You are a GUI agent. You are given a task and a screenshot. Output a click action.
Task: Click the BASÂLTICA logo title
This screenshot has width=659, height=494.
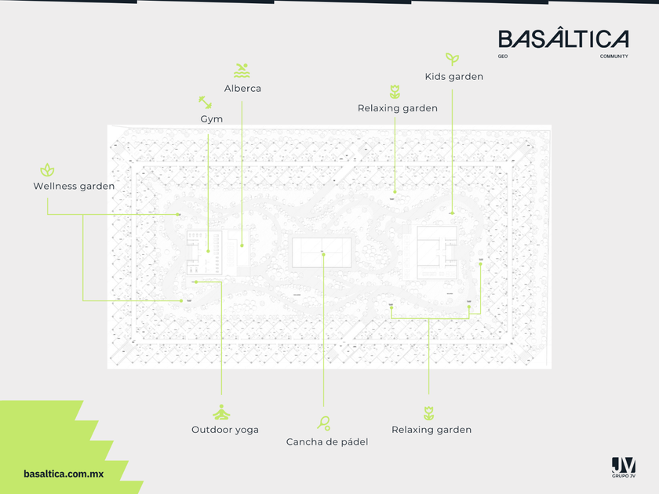pos(563,39)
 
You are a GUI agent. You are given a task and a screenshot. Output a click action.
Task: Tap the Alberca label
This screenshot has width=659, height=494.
pos(242,89)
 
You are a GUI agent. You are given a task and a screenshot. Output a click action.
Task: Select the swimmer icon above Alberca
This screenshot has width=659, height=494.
pos(242,70)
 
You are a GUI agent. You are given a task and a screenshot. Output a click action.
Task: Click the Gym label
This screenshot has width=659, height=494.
pos(212,119)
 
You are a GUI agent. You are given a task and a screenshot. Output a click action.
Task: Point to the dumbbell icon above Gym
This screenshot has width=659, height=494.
pos(205,103)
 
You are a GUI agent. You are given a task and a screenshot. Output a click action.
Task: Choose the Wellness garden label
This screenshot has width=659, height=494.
pos(74,187)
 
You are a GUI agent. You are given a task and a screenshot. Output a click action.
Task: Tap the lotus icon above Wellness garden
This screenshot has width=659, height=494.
pos(48,169)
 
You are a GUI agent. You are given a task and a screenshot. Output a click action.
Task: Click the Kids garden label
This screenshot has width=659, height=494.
pos(453,77)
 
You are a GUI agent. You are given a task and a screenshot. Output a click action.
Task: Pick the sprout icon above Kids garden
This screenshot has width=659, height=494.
pos(452,59)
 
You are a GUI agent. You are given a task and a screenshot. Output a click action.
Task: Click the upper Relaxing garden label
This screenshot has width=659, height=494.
pos(397,108)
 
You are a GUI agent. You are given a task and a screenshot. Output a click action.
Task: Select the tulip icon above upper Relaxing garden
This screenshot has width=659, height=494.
pos(395,92)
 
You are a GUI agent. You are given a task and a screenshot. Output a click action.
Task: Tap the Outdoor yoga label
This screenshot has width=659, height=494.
pos(225,430)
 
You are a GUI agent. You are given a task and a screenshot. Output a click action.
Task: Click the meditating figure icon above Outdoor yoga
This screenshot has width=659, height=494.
pos(222,412)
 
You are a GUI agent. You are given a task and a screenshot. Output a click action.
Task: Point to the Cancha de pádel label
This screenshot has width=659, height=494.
pos(327,442)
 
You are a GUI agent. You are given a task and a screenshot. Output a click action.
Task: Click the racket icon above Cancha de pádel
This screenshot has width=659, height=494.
pos(324,423)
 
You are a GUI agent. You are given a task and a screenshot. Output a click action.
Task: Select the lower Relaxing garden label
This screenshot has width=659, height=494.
pos(431,430)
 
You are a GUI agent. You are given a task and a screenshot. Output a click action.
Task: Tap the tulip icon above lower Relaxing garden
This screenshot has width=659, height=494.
pos(428,412)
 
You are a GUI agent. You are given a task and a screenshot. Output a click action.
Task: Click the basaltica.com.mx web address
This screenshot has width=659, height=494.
pos(64,474)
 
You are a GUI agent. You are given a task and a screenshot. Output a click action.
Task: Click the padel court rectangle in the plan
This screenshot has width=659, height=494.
pos(322,252)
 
